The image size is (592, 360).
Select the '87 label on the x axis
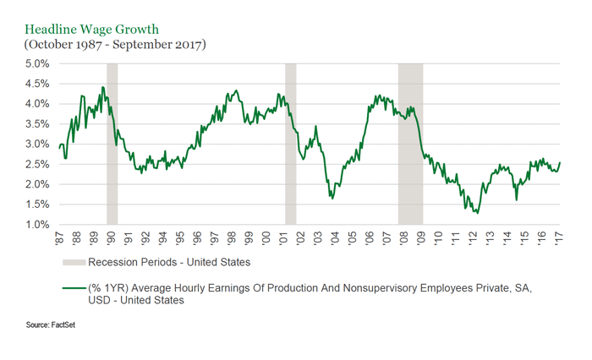pyautogui.click(x=60, y=238)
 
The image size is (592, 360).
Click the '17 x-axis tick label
pyautogui.click(x=559, y=238)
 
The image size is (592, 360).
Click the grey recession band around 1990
pyautogui.click(x=112, y=144)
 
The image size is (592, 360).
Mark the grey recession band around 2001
pyautogui.click(x=290, y=144)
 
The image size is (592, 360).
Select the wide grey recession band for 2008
pyautogui.click(x=410, y=144)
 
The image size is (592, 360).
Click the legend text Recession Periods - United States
pyautogui.click(x=169, y=262)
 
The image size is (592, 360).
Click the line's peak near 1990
pyautogui.click(x=103, y=87)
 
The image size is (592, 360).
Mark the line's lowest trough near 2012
pyautogui.click(x=477, y=213)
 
